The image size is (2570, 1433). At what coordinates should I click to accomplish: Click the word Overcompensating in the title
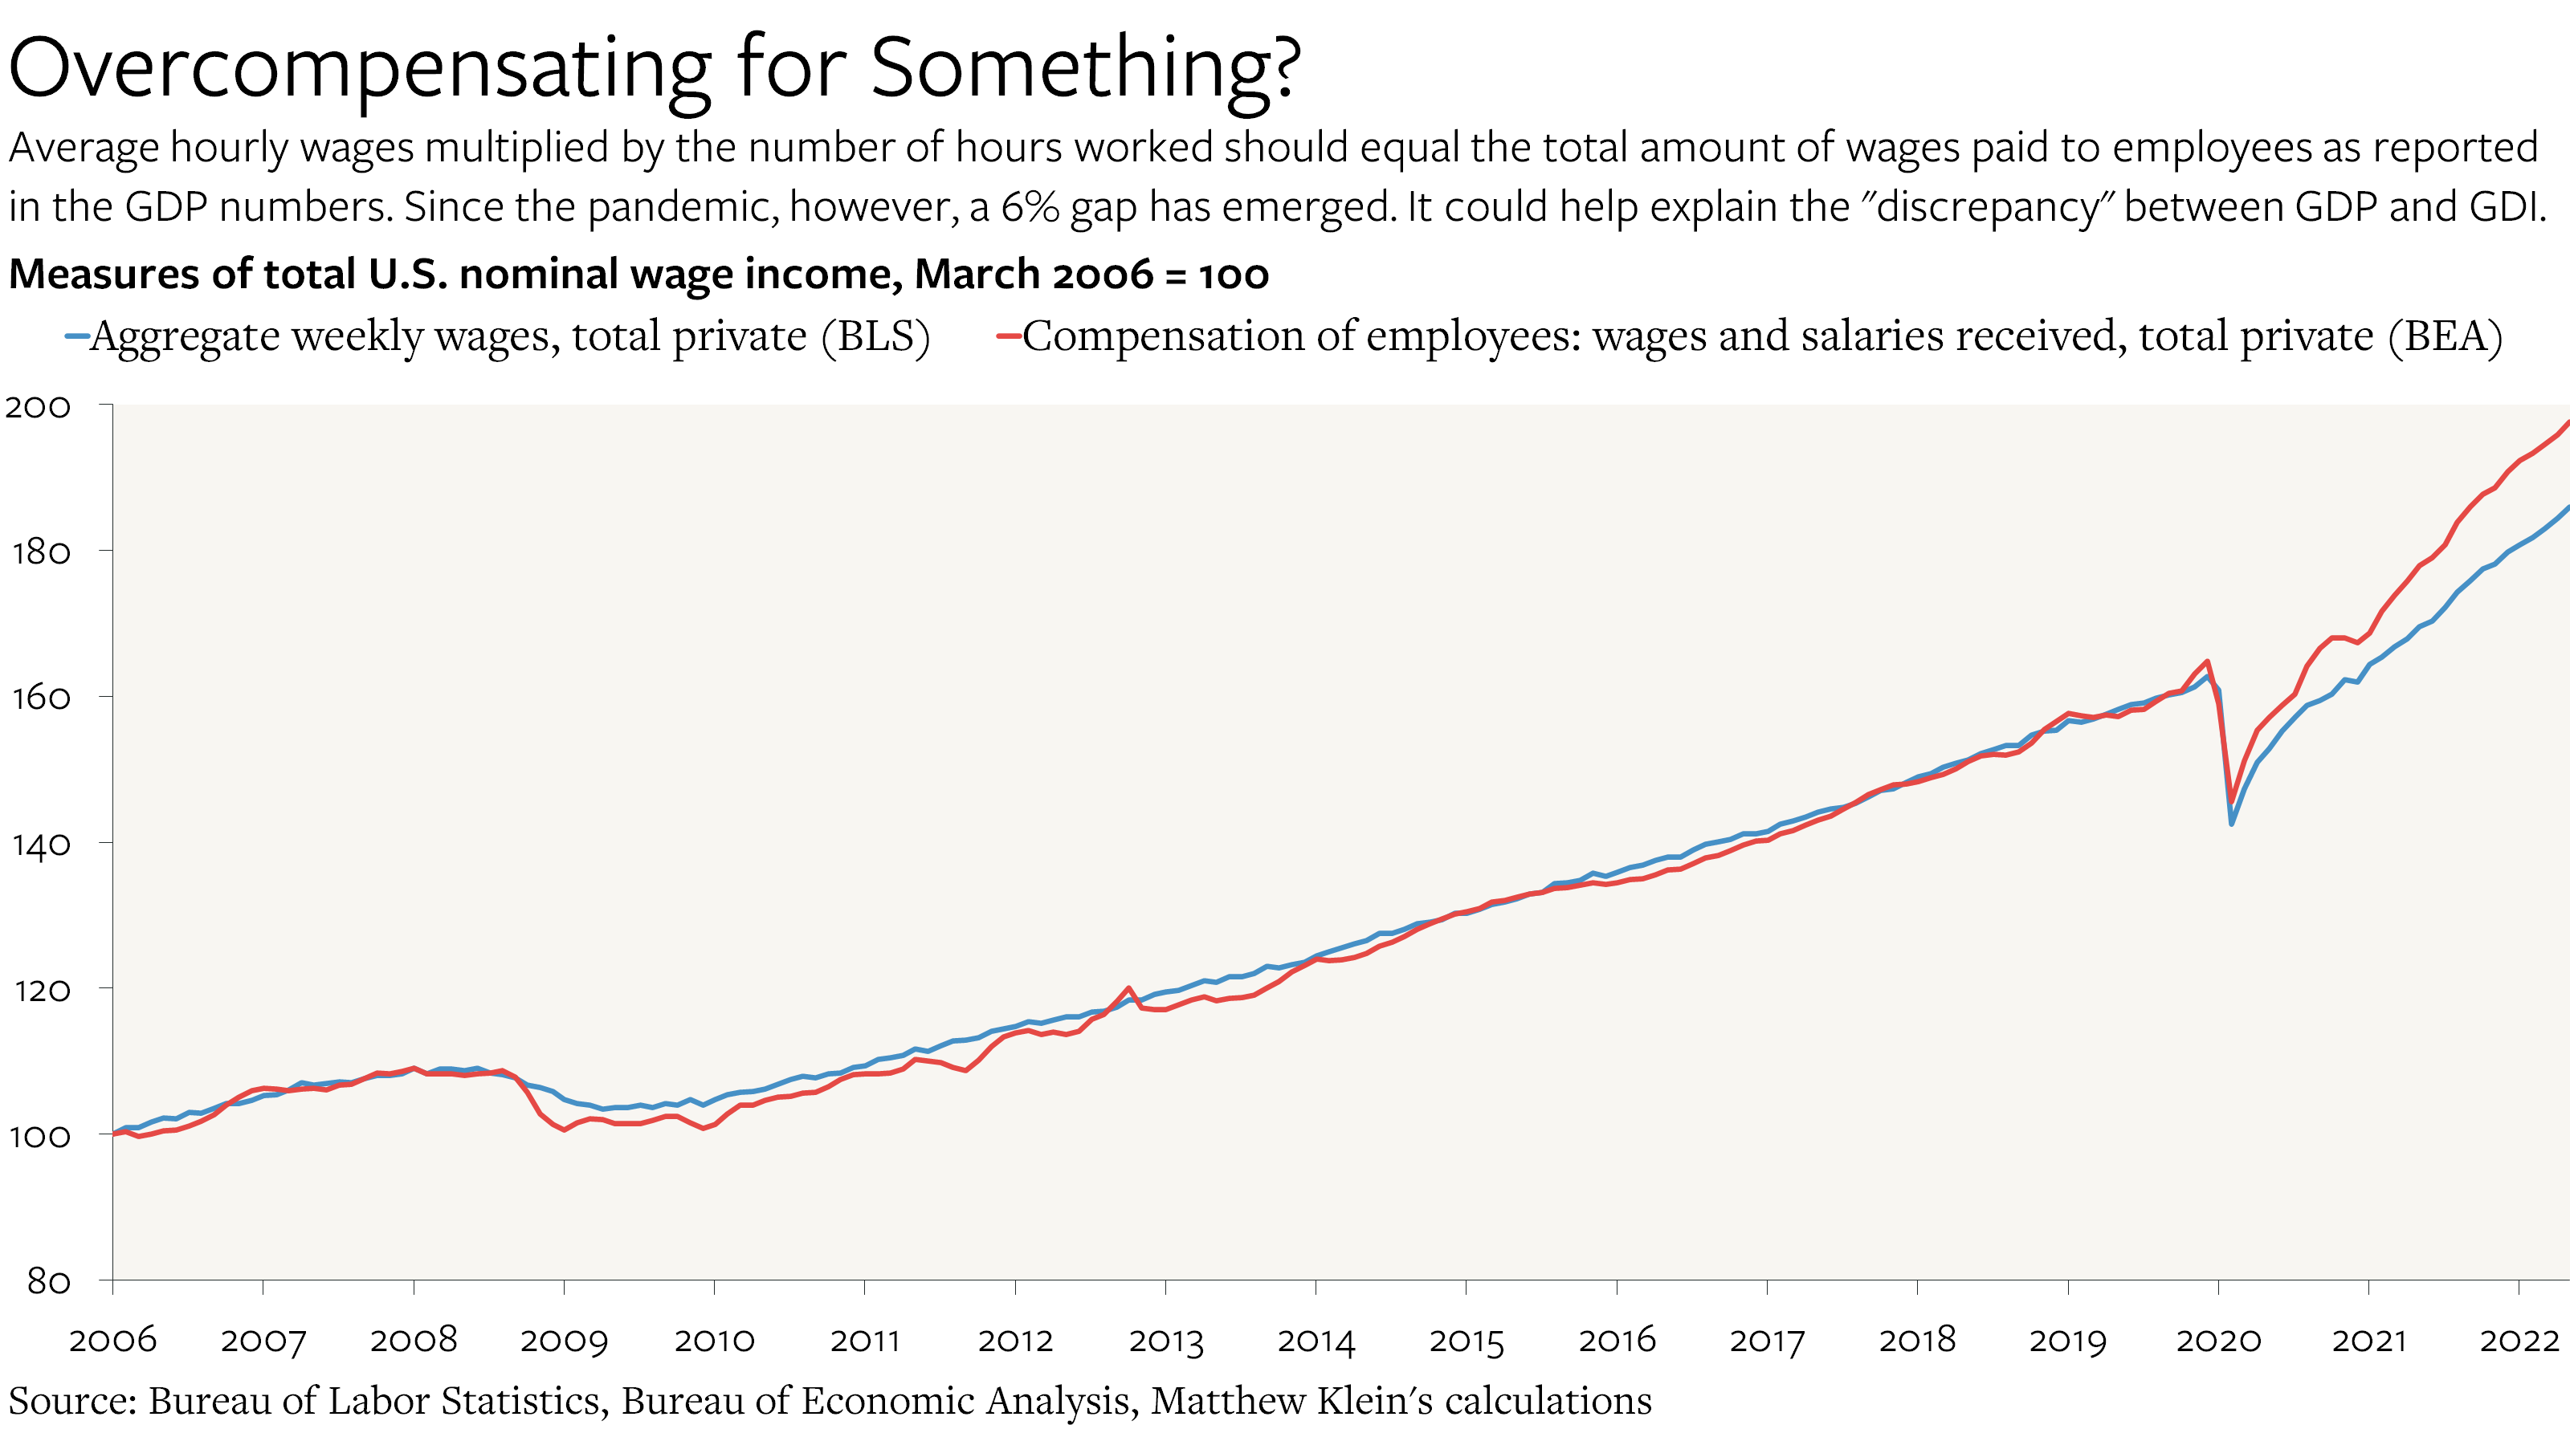click(359, 67)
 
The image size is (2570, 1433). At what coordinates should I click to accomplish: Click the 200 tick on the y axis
click(38, 407)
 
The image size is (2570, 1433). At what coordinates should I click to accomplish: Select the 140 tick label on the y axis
click(40, 845)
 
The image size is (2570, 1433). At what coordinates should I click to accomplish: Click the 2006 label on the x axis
click(112, 1339)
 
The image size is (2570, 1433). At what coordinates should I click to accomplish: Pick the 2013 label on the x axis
click(1165, 1339)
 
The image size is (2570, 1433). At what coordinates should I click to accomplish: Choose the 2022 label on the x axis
click(2520, 1339)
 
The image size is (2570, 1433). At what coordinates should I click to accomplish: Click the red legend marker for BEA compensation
click(1008, 337)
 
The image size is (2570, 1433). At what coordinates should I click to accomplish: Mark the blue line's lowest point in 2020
click(2232, 824)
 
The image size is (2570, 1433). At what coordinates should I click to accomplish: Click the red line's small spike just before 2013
click(1128, 988)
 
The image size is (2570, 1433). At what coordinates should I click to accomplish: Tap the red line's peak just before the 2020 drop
click(2207, 662)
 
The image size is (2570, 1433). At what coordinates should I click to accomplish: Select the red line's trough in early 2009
click(565, 1130)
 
